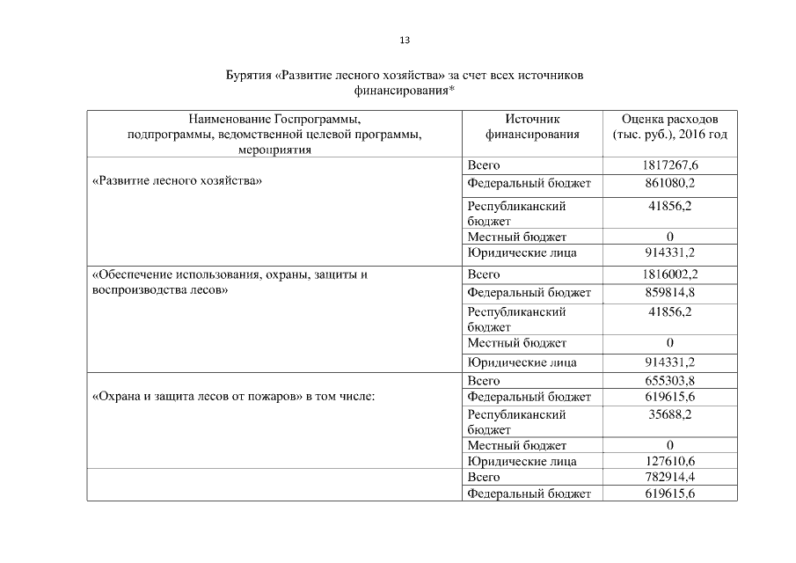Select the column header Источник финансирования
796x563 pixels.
coord(532,127)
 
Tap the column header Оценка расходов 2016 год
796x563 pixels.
coord(669,127)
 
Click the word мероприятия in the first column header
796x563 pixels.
coord(274,150)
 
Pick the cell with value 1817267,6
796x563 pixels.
coord(669,165)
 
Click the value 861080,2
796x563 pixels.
coord(669,183)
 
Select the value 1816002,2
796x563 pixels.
coord(669,274)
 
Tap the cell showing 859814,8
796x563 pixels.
coord(669,292)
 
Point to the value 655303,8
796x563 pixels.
coord(669,381)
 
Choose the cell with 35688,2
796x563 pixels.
coord(669,413)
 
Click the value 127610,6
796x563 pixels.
coord(669,461)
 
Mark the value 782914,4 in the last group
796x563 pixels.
coord(669,477)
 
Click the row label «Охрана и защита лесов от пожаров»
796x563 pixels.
coord(197,397)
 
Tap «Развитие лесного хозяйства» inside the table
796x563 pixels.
coord(177,181)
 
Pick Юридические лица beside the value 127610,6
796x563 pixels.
coord(522,461)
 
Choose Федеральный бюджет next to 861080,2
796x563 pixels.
coord(529,183)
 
